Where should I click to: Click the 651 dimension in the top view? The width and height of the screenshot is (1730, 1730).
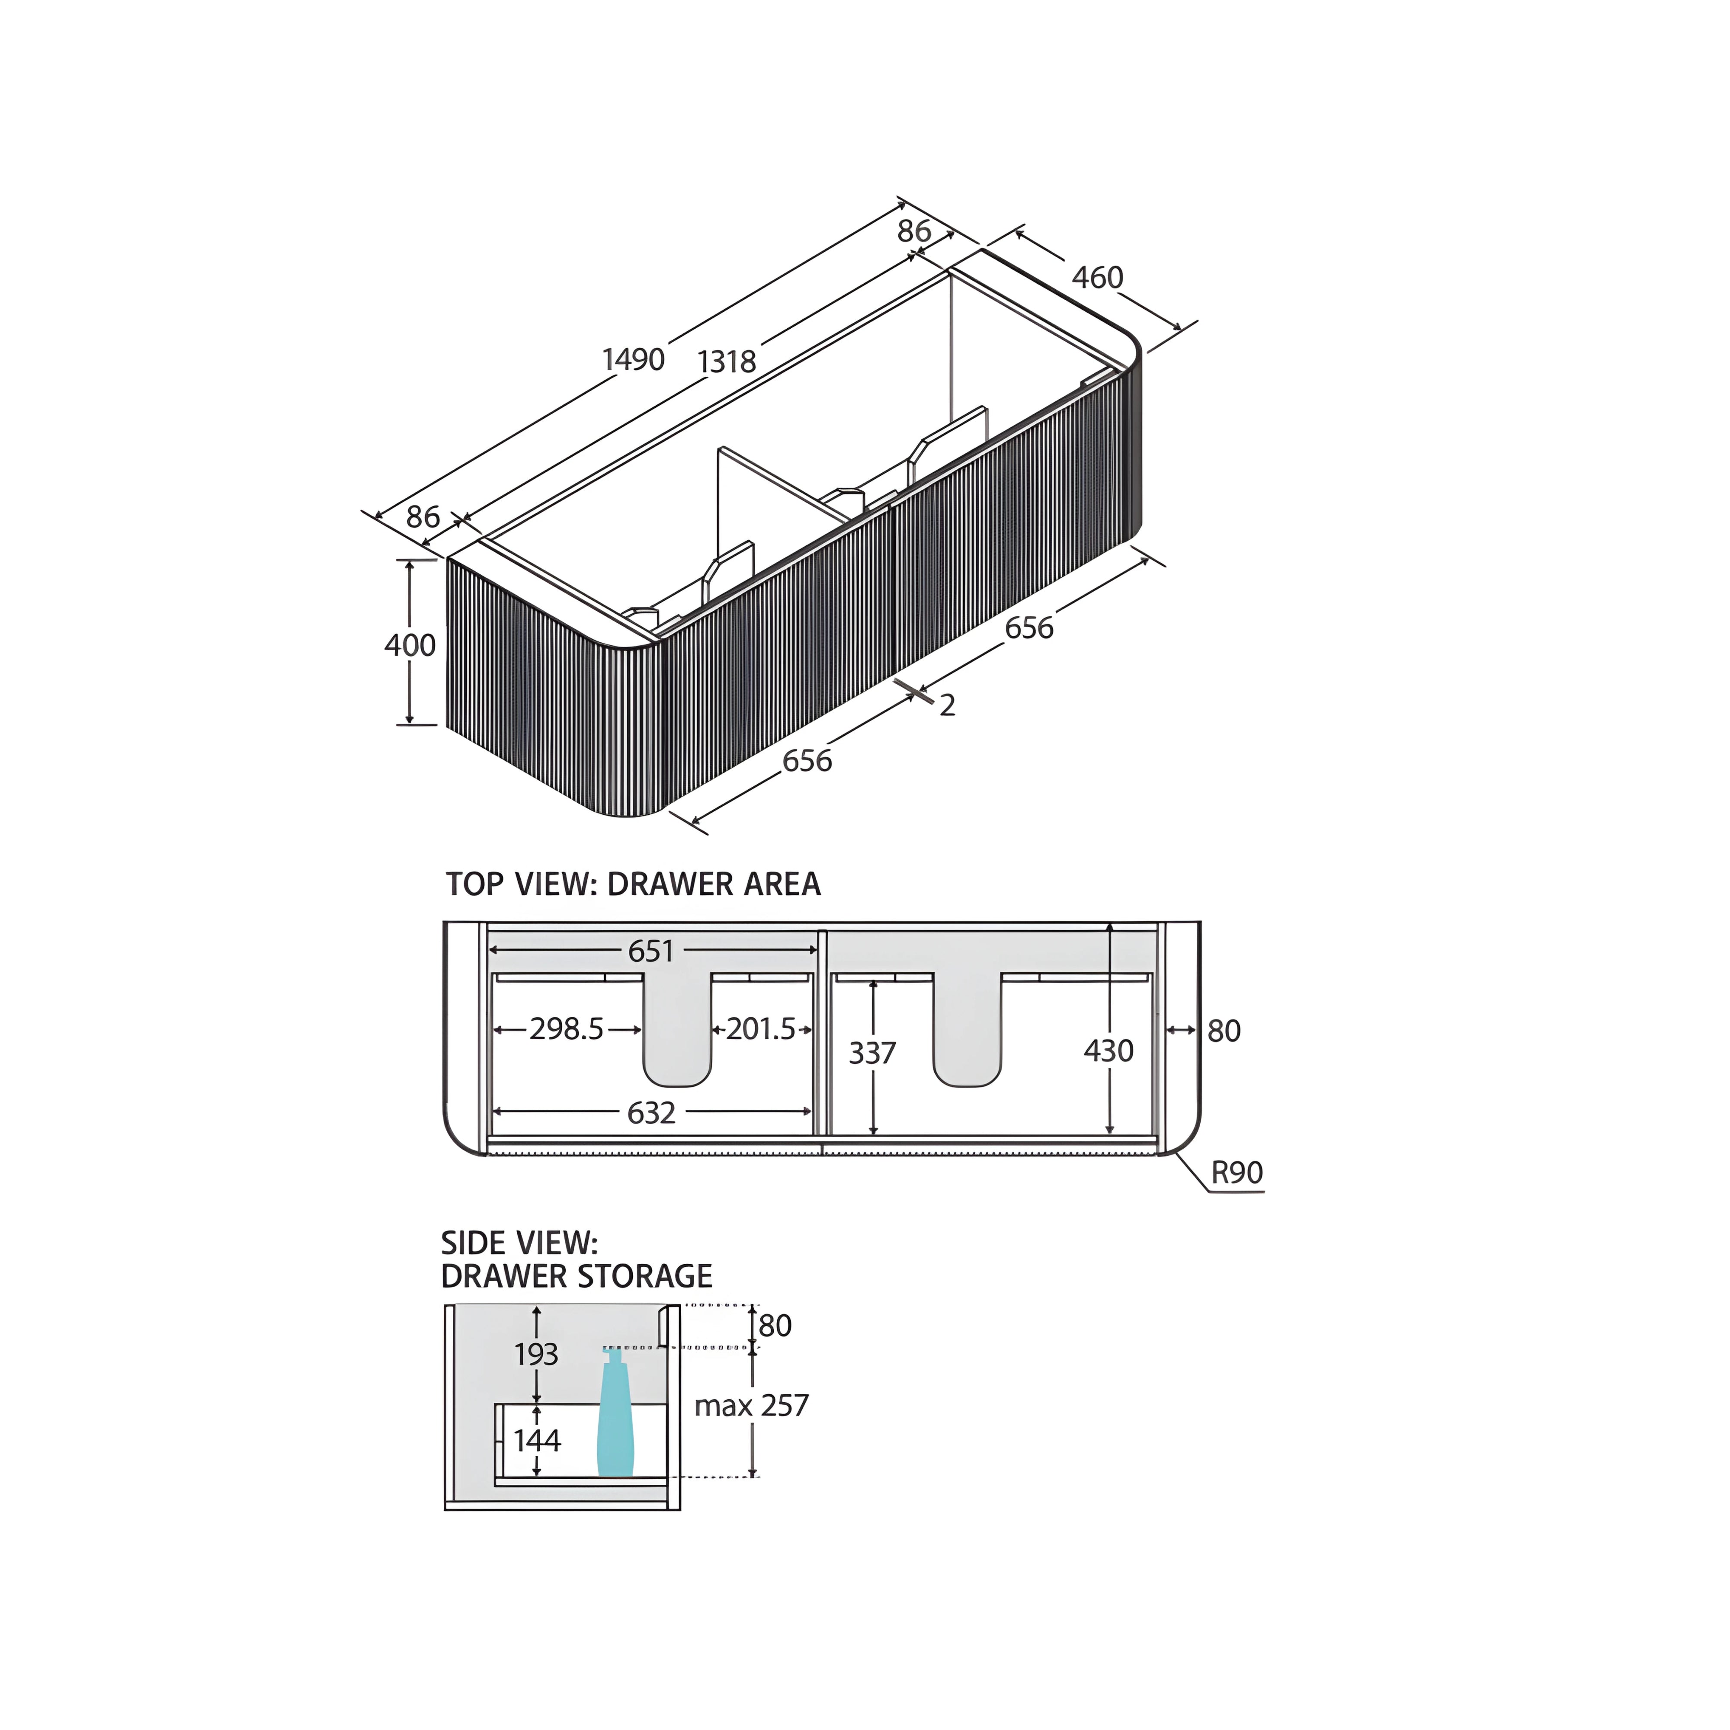651,951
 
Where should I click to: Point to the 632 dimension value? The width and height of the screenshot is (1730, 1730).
651,1113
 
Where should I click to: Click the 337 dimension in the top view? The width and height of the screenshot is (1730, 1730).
872,1053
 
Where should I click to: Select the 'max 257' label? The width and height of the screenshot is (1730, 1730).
751,1406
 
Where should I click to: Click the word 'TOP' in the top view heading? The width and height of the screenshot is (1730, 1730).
474,885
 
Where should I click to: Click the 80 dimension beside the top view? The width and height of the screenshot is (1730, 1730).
1223,1032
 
